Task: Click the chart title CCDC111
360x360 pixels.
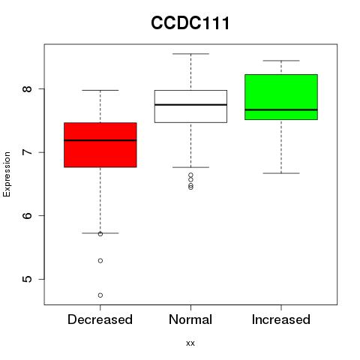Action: point(190,23)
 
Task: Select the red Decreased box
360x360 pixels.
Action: point(100,145)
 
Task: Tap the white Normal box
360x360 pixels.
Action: point(190,106)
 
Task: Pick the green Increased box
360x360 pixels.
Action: point(281,97)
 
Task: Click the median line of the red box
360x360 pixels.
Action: point(100,140)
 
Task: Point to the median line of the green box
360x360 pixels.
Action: point(281,109)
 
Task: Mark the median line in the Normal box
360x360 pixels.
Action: point(190,105)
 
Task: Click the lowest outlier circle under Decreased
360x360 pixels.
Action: point(100,295)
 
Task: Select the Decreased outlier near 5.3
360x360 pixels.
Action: point(100,261)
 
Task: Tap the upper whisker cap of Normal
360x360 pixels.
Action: point(190,54)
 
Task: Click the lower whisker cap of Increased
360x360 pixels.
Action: point(281,173)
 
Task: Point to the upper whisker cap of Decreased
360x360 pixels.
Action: point(100,90)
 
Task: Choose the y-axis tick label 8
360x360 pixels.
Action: point(27,88)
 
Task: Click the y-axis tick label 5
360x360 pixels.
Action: point(27,279)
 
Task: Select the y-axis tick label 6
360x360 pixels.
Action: point(27,216)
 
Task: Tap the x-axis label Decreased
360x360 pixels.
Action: point(100,319)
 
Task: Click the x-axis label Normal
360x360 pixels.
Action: point(190,319)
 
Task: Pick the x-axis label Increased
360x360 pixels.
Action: point(281,319)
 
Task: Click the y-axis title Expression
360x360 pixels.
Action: point(7,174)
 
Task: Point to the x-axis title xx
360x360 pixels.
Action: point(190,343)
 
